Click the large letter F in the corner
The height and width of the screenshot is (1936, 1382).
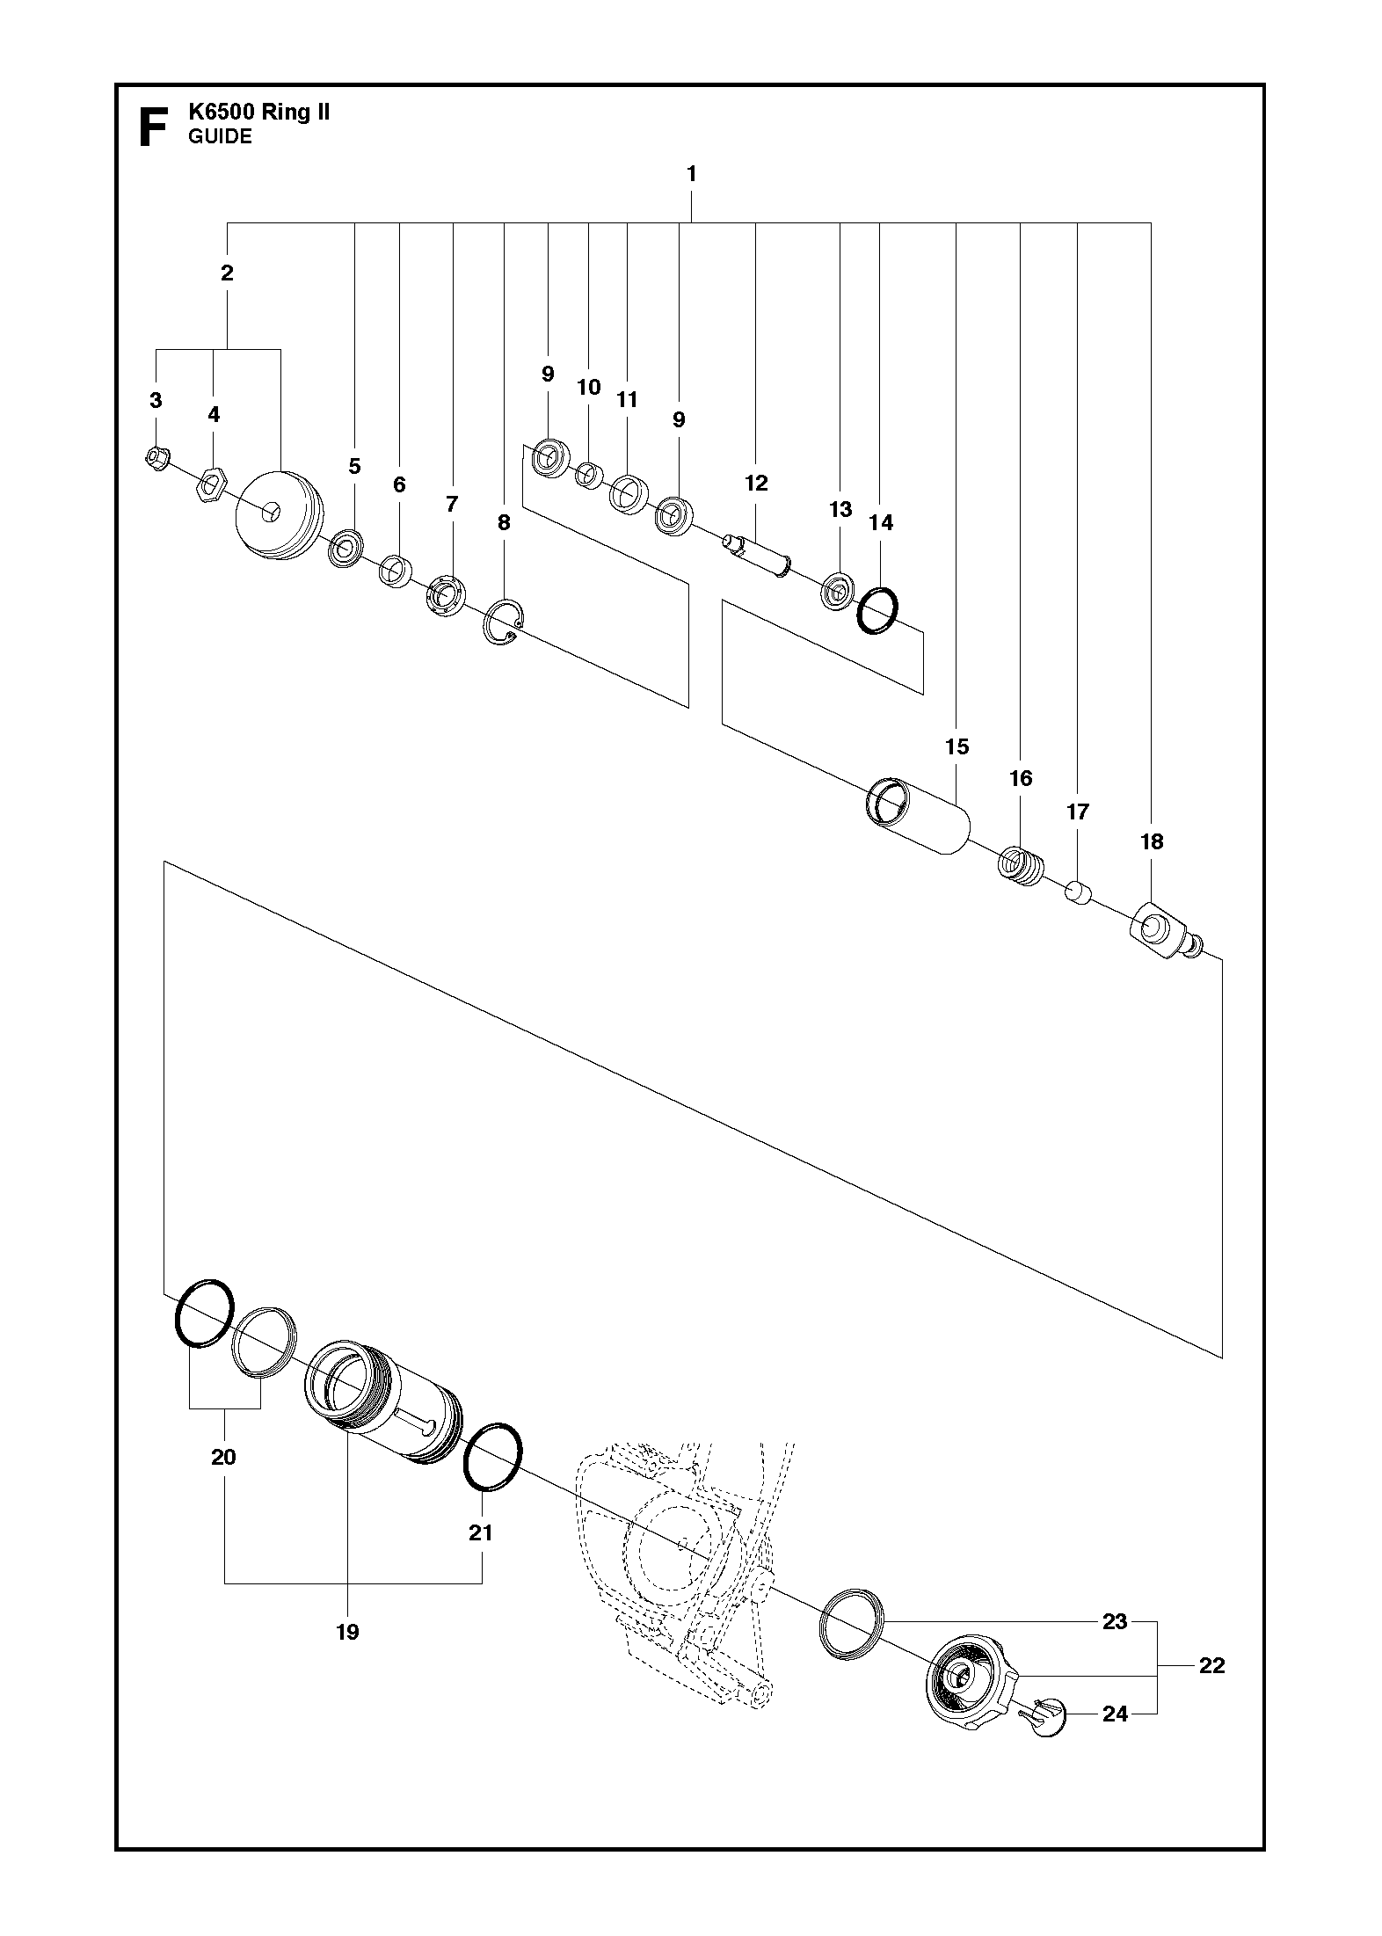coord(152,127)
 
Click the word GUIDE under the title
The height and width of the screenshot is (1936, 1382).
coord(220,137)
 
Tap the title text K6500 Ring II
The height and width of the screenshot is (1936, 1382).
coord(259,113)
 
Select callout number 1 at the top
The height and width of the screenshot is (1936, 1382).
coord(691,175)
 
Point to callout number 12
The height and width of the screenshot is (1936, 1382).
coord(756,483)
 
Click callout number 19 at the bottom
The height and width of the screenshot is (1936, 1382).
coord(347,1633)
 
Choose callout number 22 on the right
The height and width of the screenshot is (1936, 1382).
coord(1211,1665)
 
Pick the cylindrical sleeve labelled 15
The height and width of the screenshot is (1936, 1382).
coord(919,817)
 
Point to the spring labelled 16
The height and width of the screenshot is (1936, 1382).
coord(1021,864)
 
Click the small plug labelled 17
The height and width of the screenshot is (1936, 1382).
coord(1079,894)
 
